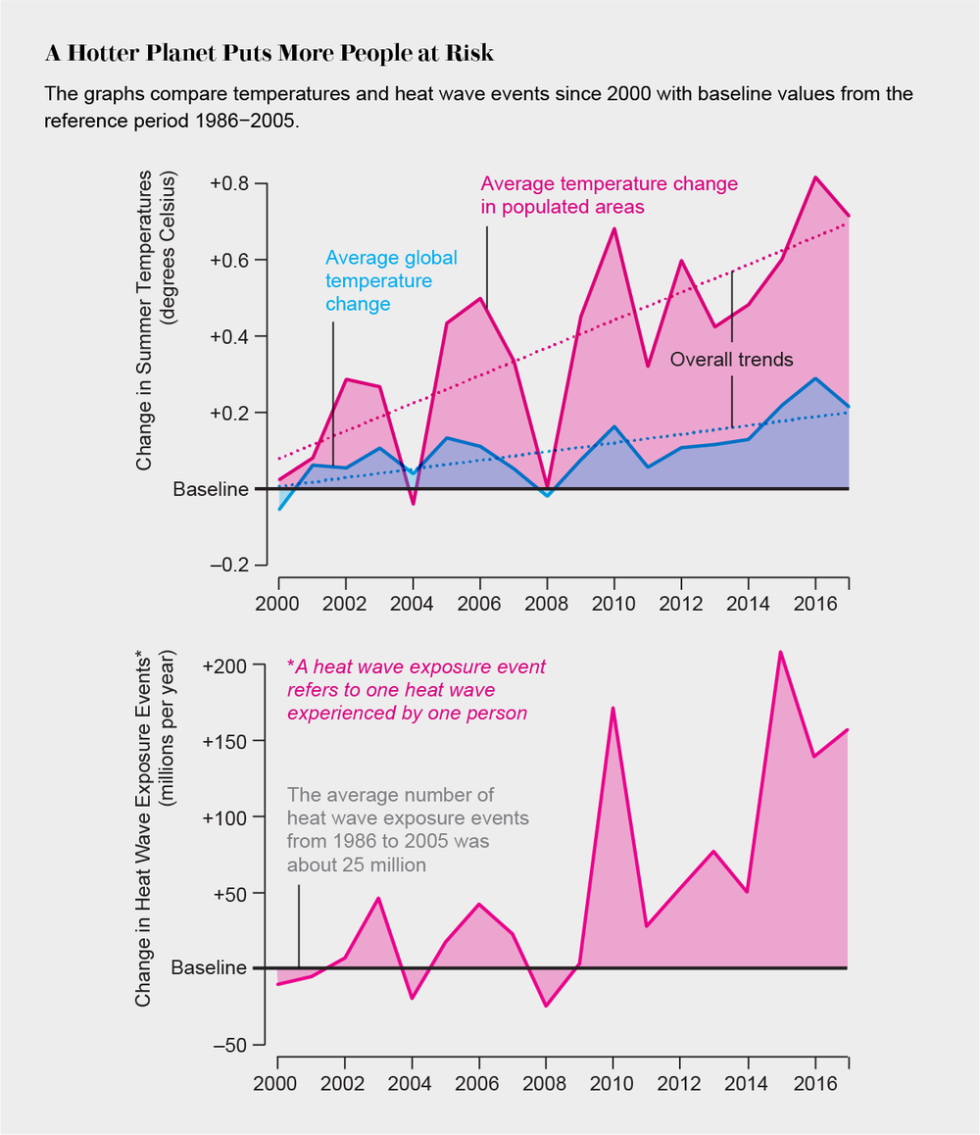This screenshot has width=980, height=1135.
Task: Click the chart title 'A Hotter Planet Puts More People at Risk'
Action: pos(269,54)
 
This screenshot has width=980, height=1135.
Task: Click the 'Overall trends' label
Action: pos(731,360)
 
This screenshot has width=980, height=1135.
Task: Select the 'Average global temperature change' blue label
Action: pos(391,280)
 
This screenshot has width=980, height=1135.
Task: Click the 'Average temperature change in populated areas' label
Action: pos(608,194)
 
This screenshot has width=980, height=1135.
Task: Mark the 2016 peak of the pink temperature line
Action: pos(815,177)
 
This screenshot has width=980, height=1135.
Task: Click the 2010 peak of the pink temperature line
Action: pos(613,229)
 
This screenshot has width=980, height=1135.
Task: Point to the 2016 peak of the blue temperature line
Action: pos(815,378)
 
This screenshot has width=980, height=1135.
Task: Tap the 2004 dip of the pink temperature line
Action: pos(413,504)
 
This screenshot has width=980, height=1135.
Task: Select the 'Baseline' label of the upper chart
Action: pos(211,489)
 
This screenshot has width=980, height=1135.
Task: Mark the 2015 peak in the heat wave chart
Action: pos(780,652)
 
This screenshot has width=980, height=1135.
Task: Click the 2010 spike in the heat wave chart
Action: pos(613,708)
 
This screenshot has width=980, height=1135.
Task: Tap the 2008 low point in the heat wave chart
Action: pos(547,1006)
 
